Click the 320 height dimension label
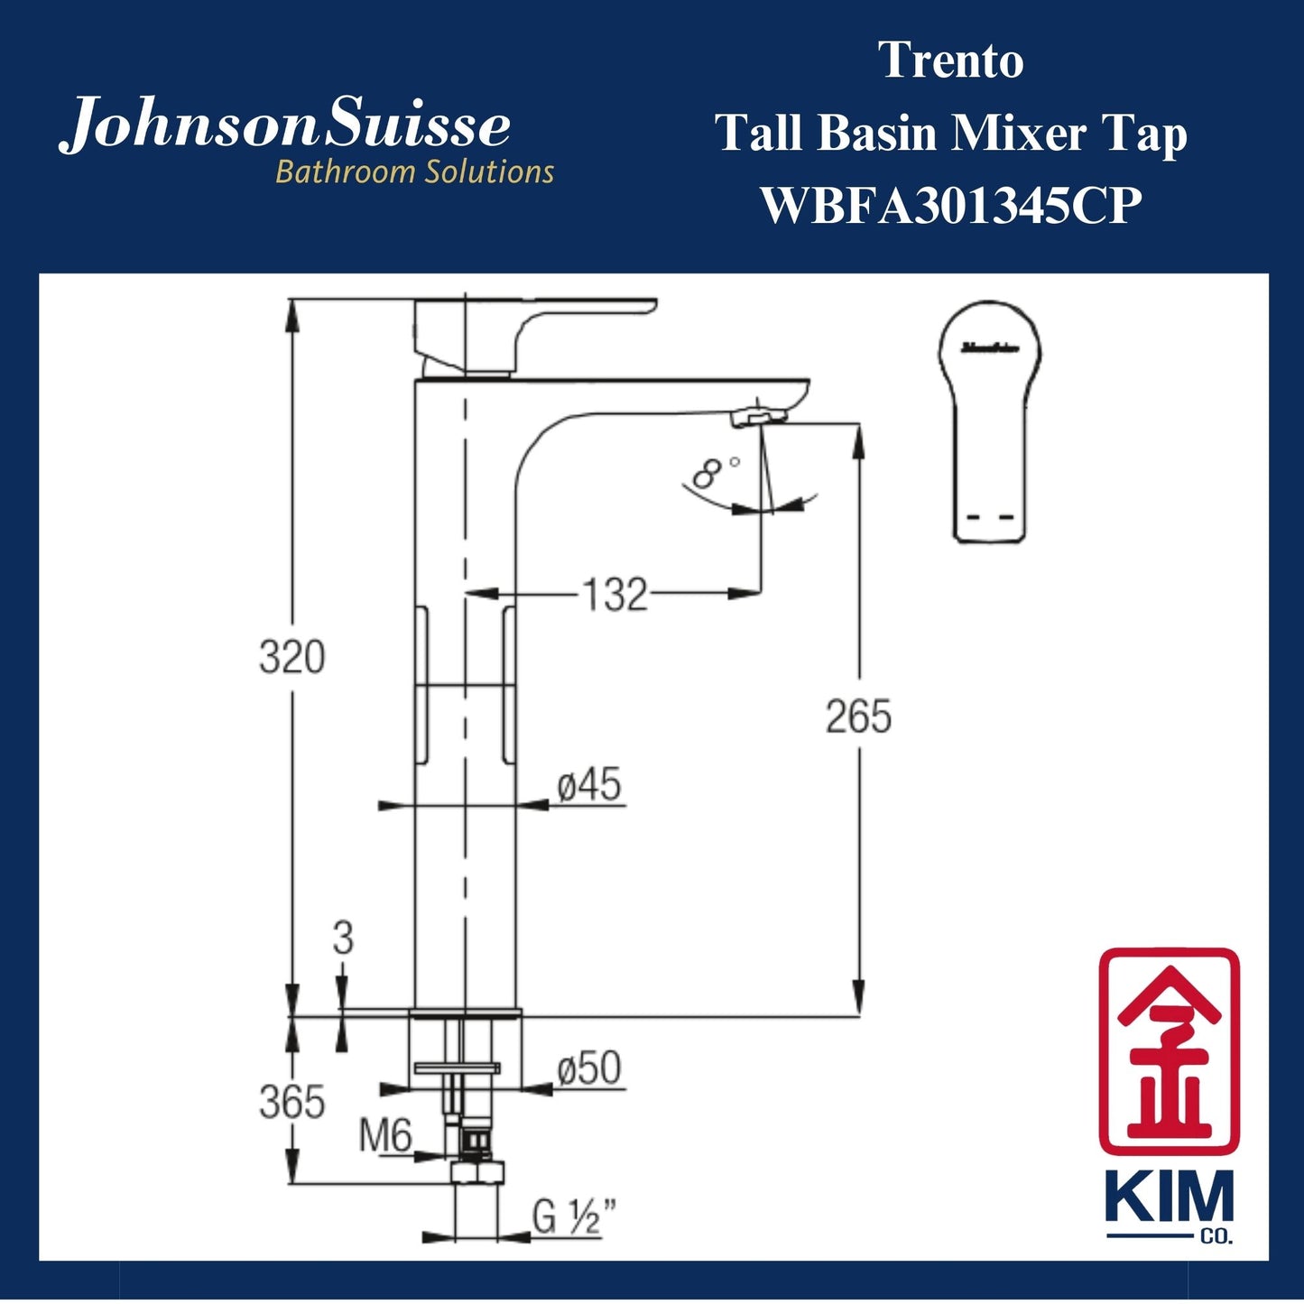(291, 657)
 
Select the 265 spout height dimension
(858, 717)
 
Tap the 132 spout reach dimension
(615, 595)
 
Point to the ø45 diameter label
(589, 784)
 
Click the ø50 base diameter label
(589, 1069)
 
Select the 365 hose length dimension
(291, 1102)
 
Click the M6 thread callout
(385, 1135)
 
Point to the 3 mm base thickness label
(343, 939)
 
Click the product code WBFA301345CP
(951, 206)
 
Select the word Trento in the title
(951, 61)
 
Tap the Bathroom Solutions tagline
(414, 171)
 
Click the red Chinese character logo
(1169, 1051)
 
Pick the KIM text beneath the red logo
(1169, 1198)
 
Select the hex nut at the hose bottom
(476, 1172)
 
